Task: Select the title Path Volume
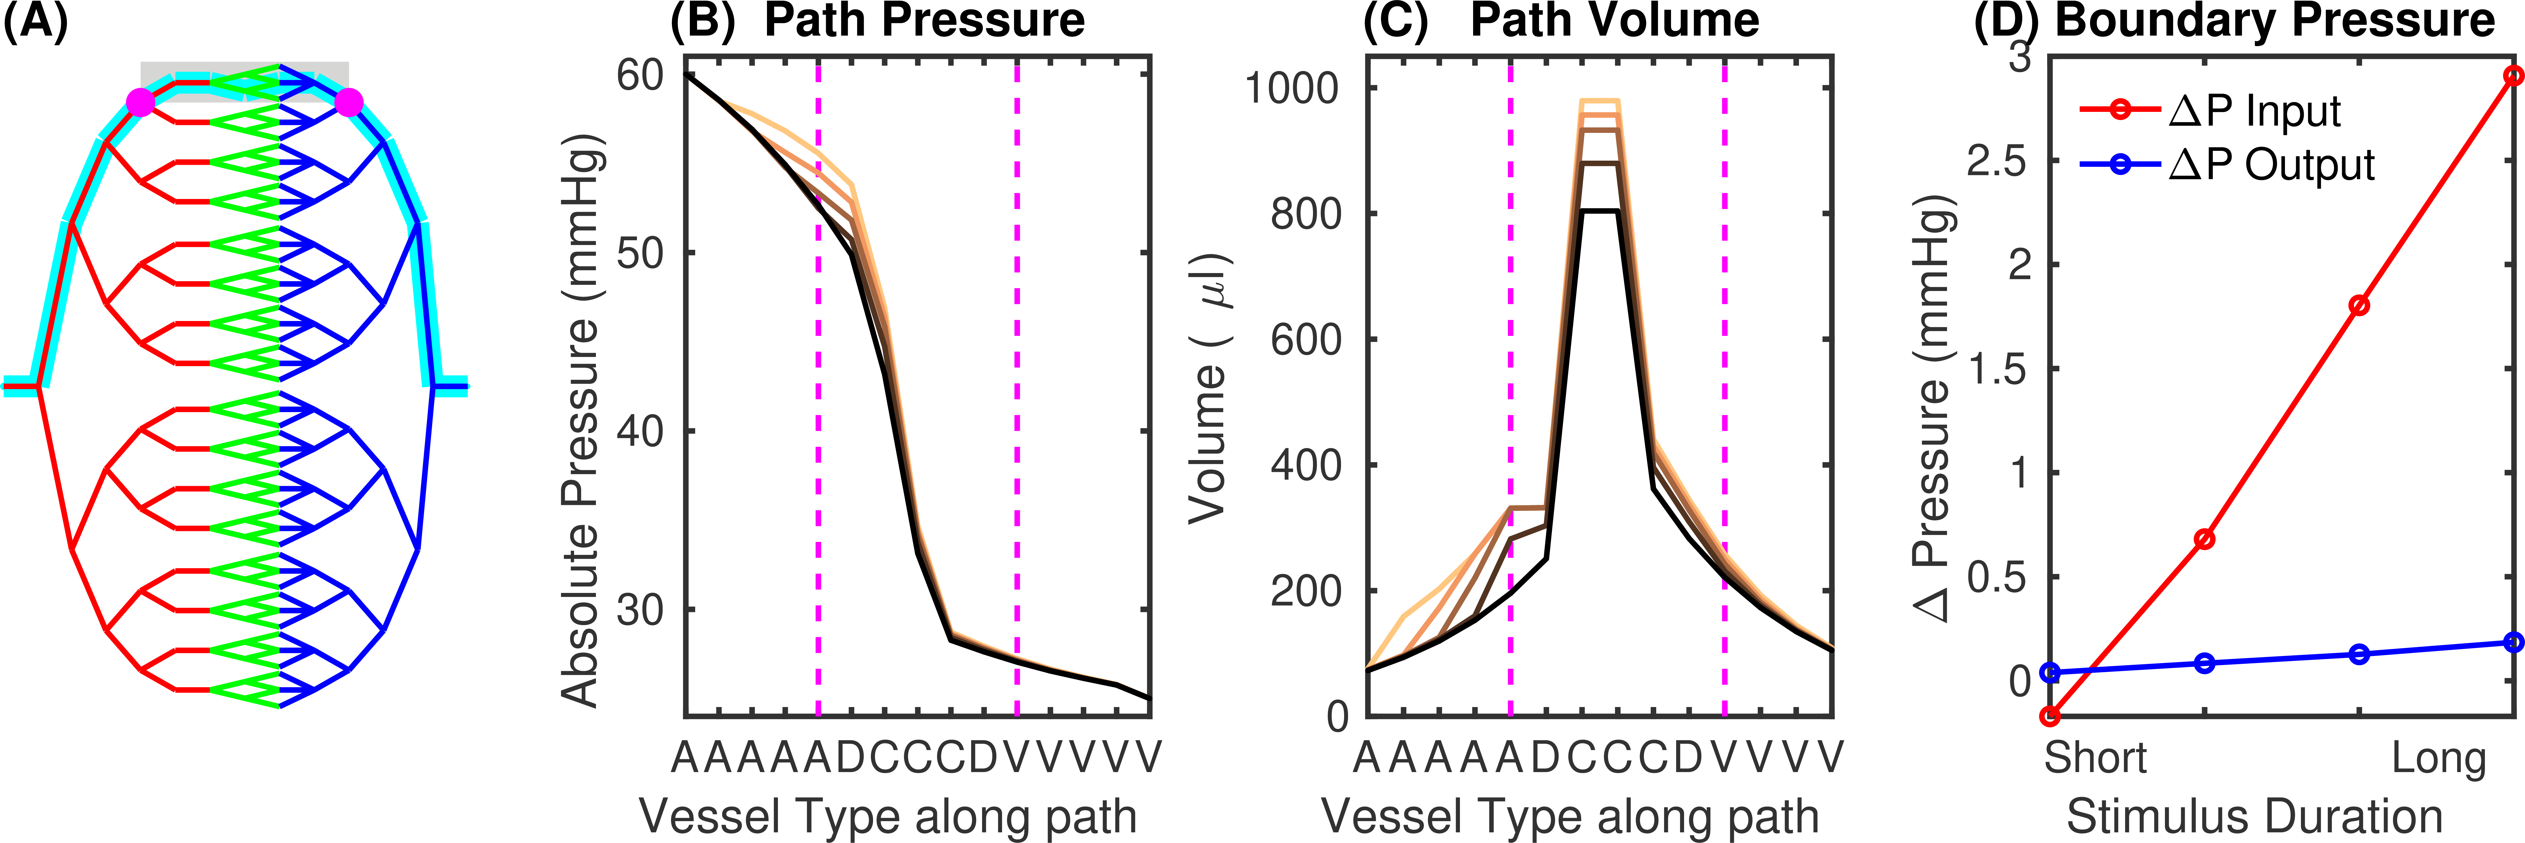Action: [x=1614, y=22]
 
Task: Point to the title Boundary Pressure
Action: [x=2274, y=22]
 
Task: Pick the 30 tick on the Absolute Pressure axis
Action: [x=640, y=609]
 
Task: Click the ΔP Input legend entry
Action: [x=2254, y=111]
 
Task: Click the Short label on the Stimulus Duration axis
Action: [x=2095, y=759]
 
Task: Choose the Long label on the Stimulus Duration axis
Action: [x=2439, y=759]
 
